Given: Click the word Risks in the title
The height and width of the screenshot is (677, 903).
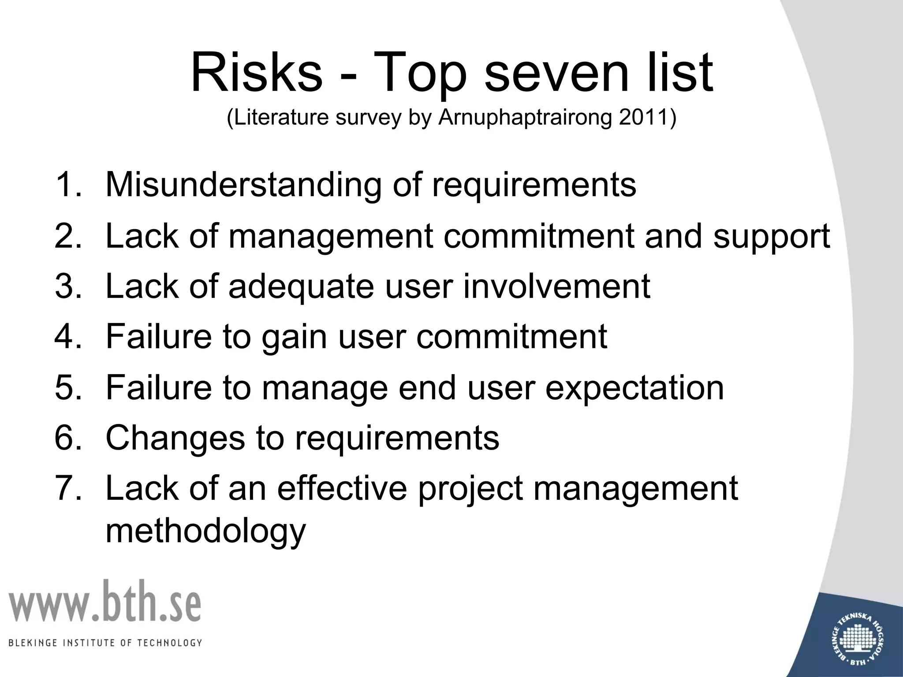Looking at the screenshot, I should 256,72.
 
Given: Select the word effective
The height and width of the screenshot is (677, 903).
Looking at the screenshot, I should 342,488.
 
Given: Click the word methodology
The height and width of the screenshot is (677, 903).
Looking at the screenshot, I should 205,532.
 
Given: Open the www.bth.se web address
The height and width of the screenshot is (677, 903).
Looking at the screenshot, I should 104,602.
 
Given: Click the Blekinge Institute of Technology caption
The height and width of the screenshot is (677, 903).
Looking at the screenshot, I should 105,643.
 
